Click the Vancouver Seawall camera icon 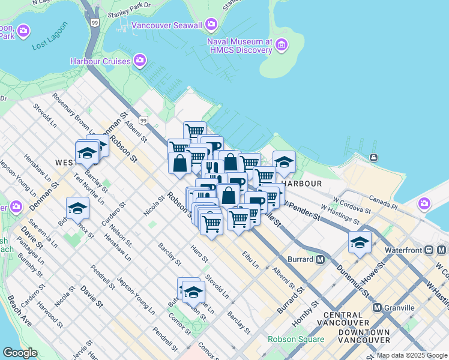211,24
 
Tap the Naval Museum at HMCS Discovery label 240,46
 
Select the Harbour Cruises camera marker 140,60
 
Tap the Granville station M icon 378,307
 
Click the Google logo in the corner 20,353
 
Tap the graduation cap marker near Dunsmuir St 360,243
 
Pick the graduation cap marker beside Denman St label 77,208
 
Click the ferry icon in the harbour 373,157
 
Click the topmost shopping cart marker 194,131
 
